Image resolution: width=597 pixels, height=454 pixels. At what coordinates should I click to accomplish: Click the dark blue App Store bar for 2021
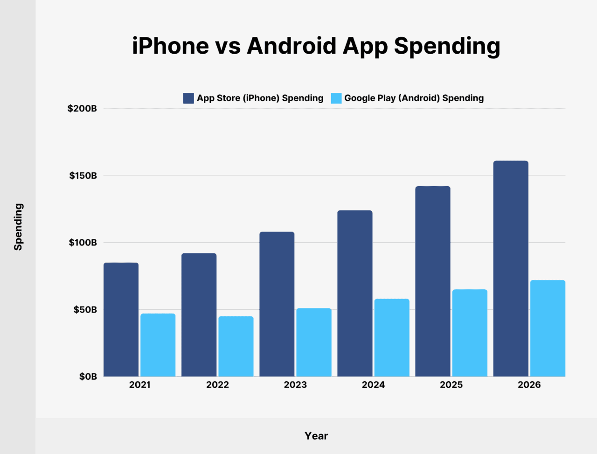(x=121, y=320)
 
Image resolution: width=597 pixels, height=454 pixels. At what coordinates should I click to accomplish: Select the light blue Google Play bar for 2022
(x=236, y=346)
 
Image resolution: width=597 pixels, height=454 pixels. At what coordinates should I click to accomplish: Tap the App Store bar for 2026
(x=511, y=269)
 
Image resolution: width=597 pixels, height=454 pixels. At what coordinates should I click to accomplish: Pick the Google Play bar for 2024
(x=392, y=337)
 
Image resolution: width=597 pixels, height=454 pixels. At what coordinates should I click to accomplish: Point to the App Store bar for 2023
(x=277, y=304)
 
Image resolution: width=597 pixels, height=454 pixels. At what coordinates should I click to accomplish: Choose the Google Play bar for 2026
(x=548, y=328)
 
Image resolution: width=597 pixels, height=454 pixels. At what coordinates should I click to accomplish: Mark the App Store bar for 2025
(x=433, y=281)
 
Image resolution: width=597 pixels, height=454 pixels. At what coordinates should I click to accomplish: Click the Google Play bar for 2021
(x=158, y=345)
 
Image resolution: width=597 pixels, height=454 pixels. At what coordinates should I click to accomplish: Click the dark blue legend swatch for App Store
(x=188, y=98)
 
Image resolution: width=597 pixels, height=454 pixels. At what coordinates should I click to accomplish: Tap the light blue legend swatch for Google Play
(x=336, y=98)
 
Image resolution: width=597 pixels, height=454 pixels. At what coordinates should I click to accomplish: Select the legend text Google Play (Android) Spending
(x=414, y=98)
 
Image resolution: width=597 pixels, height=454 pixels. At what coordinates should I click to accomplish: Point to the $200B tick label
(x=82, y=109)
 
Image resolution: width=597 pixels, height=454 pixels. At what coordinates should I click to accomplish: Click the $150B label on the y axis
(x=83, y=176)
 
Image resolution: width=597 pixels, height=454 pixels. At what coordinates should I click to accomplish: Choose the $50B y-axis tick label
(x=85, y=310)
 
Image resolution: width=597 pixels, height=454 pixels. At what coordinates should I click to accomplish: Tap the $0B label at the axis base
(x=88, y=377)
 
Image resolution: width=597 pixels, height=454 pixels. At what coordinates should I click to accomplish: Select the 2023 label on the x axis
(x=295, y=385)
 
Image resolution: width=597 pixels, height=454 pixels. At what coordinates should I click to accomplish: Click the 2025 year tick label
(x=451, y=385)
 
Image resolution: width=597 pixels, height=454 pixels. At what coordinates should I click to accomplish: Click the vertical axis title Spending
(x=18, y=227)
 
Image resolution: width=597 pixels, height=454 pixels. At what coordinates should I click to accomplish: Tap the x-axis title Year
(x=316, y=436)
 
